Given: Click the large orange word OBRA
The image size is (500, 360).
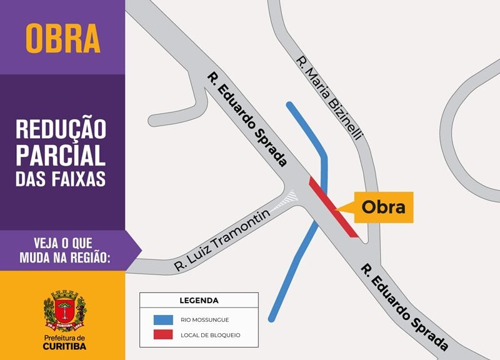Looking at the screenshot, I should pos(62,39).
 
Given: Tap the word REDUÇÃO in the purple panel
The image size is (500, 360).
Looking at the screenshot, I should pos(61,129).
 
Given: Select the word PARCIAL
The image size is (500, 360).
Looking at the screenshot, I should pos(61,154).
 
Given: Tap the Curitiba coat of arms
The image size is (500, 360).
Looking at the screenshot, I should pos(64,310).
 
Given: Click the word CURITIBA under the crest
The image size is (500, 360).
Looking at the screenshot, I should pos(65,346).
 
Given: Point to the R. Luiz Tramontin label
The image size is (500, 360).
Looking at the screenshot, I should pos(222,241).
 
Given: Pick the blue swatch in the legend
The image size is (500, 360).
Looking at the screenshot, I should pos(163,319).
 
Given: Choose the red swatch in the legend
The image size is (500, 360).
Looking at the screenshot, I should pos(163,335).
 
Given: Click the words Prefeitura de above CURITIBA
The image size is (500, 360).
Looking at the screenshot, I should pos(65,337).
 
